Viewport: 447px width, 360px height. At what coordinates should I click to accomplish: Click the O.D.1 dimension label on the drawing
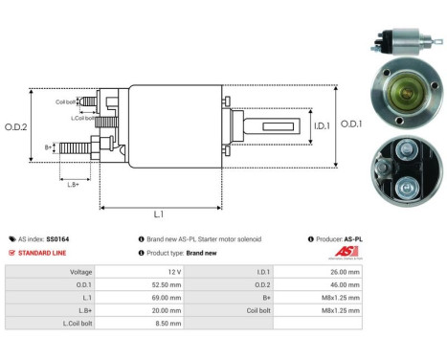pos(352,122)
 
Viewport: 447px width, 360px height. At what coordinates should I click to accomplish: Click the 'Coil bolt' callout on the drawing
pos(65,101)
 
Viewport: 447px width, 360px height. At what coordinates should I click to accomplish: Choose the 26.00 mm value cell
pos(345,271)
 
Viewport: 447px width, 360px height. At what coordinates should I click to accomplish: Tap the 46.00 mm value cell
pos(345,284)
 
